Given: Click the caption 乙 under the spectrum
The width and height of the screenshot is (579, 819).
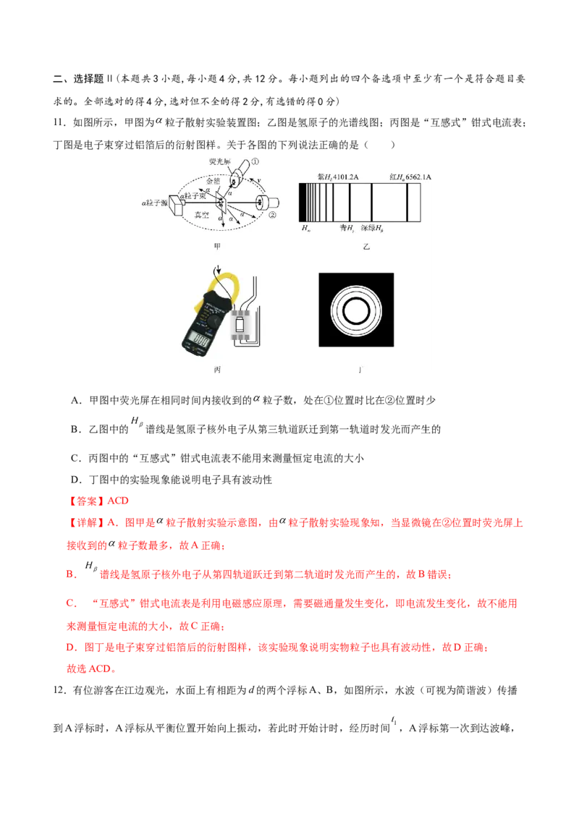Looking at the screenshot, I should point(366,247).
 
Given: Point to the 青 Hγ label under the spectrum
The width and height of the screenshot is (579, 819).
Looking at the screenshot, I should point(347,228).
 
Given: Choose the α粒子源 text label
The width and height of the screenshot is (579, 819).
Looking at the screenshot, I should point(153,203).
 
